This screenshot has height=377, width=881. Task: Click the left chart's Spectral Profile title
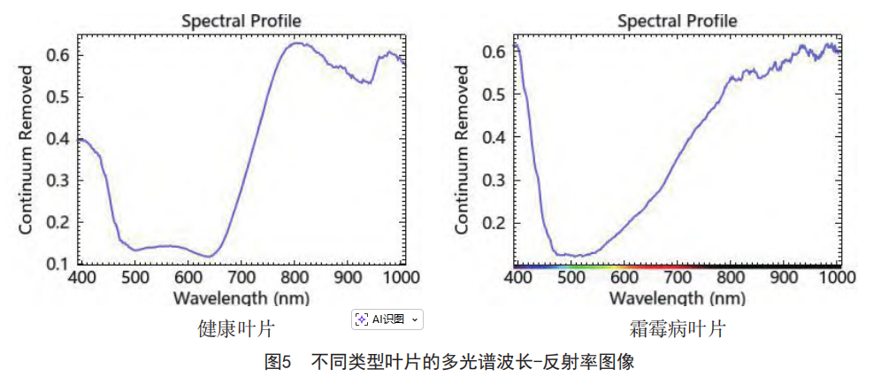click(x=241, y=20)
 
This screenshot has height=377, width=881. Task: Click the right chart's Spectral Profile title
click(x=677, y=20)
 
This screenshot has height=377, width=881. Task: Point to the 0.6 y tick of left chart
click(x=58, y=55)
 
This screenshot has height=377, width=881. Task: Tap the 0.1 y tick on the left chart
click(x=58, y=264)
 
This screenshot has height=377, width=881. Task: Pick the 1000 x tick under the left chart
click(x=402, y=277)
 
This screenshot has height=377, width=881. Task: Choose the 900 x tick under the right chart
click(x=784, y=277)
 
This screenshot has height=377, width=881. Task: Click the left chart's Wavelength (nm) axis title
click(x=241, y=296)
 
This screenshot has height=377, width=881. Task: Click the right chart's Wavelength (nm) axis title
click(x=677, y=296)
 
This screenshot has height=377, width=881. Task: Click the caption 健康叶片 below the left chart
click(x=235, y=329)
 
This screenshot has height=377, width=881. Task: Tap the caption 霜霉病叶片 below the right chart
click(x=678, y=329)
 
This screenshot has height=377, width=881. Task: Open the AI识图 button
click(x=387, y=319)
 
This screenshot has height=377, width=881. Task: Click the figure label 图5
click(x=278, y=361)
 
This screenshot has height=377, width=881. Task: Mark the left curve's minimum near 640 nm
click(x=209, y=257)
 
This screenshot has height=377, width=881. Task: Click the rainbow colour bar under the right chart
click(x=677, y=265)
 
